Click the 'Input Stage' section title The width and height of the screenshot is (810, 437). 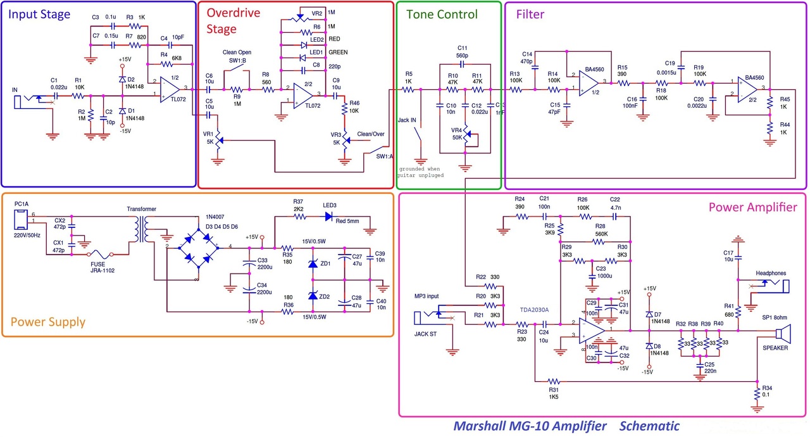(40, 14)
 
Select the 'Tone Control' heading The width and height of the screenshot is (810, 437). (442, 15)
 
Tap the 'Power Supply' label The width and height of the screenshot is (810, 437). (48, 322)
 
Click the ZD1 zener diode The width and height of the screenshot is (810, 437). (312, 263)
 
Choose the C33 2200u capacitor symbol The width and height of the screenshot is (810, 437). (251, 263)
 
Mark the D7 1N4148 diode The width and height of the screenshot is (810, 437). (649, 314)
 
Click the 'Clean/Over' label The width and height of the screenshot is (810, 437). (371, 134)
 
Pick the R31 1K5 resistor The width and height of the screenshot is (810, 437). (554, 381)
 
